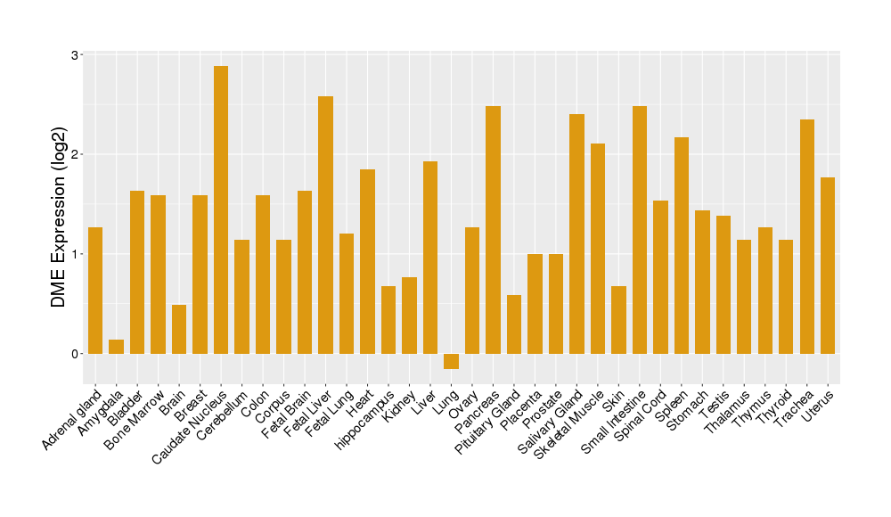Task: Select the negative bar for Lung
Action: pos(452,361)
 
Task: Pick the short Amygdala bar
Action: pos(116,347)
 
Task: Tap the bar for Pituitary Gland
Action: pos(514,324)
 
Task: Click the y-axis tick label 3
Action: pos(75,55)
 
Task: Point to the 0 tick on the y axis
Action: pos(75,354)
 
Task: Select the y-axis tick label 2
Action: pos(75,154)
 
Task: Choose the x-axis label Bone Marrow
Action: pos(134,419)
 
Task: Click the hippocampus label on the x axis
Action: pos(366,419)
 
